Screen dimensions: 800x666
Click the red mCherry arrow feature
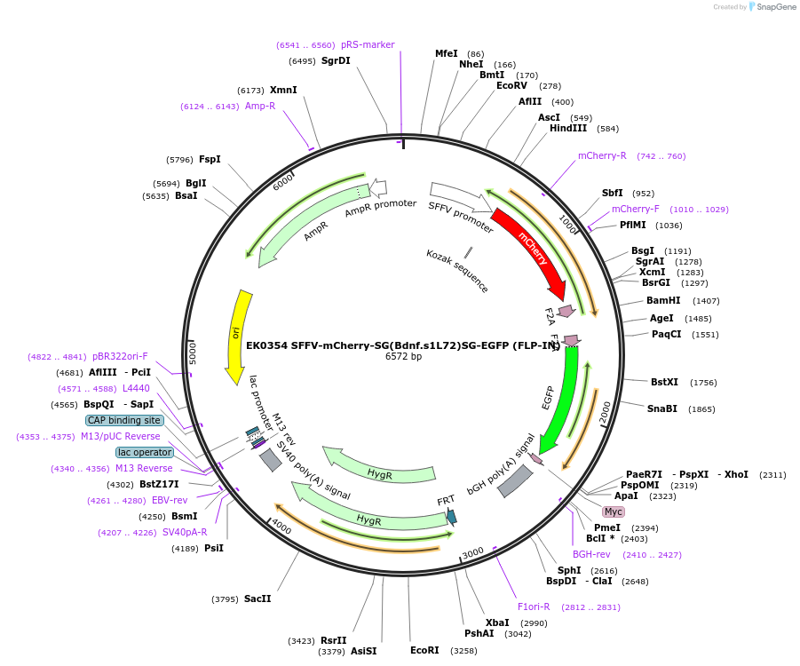point(531,250)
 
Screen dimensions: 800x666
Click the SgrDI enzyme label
point(336,61)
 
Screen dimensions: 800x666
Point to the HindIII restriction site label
point(568,128)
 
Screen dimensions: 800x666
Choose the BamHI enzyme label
point(663,301)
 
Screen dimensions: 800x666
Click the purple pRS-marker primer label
point(368,44)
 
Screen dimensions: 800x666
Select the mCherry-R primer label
point(602,156)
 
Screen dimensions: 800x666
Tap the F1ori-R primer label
point(534,607)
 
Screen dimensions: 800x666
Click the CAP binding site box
point(124,420)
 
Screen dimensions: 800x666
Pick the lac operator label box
point(145,452)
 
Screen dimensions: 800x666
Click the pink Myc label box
point(614,512)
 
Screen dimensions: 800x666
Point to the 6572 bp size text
point(403,357)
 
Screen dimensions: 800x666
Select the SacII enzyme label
point(257,599)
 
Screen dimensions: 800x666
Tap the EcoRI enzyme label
point(424,650)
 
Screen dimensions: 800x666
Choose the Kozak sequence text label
point(457,271)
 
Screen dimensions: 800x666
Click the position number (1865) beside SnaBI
point(701,409)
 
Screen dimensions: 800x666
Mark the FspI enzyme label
point(210,160)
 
